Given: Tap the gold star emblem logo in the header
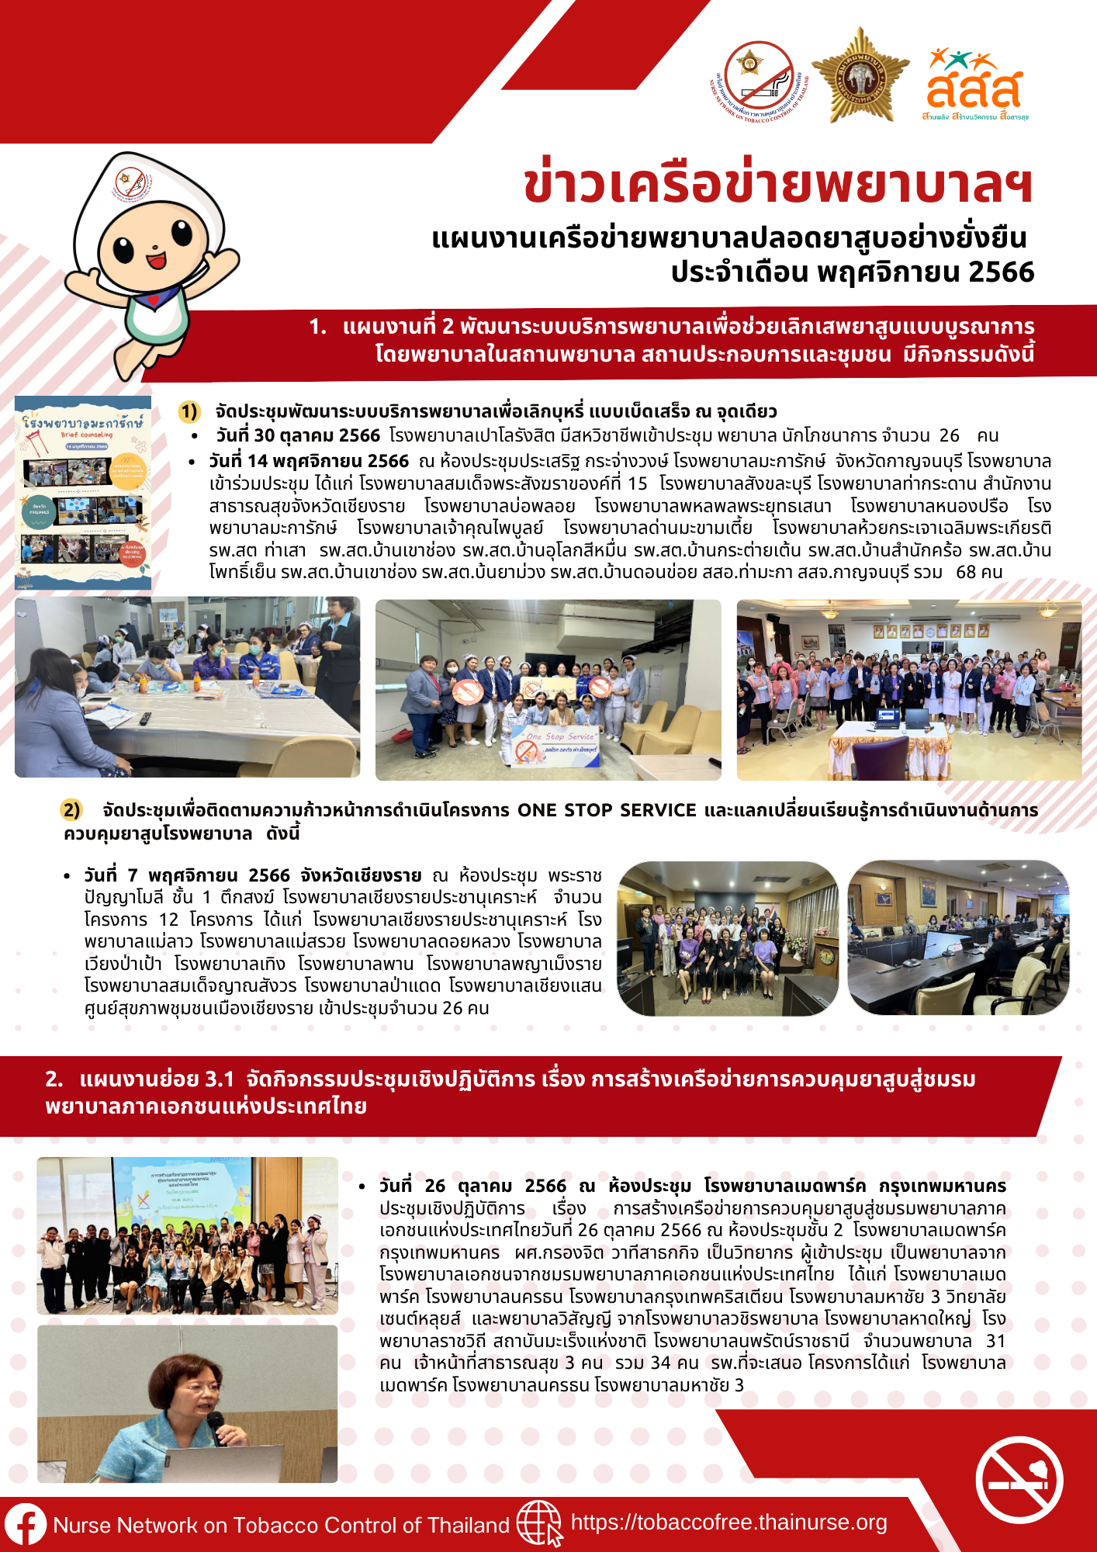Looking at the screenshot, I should coord(860,76).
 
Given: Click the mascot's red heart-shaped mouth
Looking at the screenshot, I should coord(156,259).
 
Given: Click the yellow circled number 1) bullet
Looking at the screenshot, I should coord(189,411).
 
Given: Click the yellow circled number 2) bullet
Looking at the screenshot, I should coord(71,810).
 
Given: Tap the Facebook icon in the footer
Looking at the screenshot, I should coord(25,1524).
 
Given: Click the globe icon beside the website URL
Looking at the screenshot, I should coord(538,1523).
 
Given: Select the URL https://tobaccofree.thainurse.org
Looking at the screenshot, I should coord(728,1523).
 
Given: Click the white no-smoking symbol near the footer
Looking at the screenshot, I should coord(1019,1480).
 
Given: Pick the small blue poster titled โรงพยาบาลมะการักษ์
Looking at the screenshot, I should coord(83,492).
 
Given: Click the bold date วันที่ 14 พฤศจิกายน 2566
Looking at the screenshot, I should coord(309,461).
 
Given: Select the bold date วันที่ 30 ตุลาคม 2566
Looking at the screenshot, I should coord(298,435).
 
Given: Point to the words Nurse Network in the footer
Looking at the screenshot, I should coord(125,1525).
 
